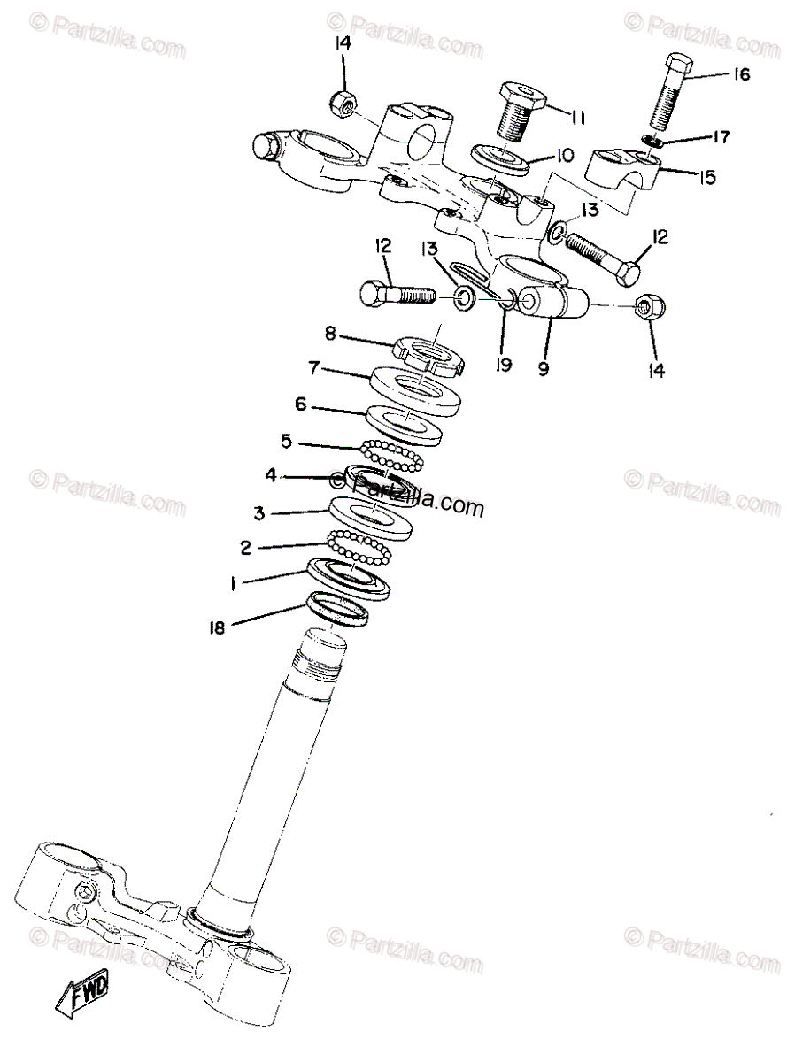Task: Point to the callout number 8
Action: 330,333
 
